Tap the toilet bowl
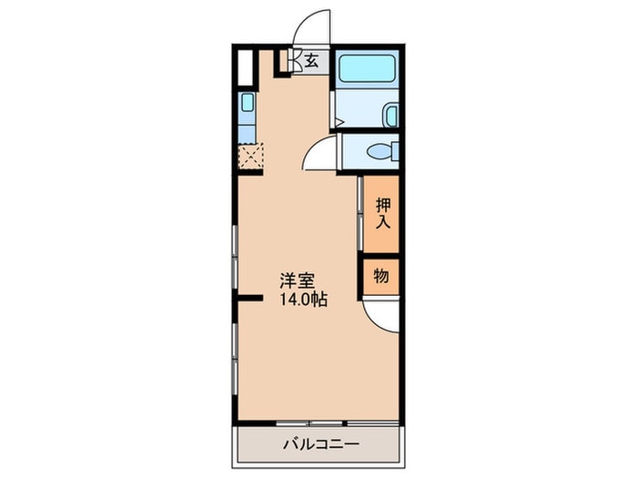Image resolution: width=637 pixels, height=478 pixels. [x=375, y=151]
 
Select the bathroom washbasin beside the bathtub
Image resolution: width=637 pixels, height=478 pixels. [x=389, y=116]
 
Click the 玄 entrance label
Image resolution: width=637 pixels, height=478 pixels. [x=311, y=62]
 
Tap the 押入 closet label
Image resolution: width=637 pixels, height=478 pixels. [x=381, y=212]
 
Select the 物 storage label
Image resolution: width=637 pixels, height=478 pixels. [x=381, y=277]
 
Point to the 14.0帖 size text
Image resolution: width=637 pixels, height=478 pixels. [x=303, y=299]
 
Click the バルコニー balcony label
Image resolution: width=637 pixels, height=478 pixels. [x=320, y=445]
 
